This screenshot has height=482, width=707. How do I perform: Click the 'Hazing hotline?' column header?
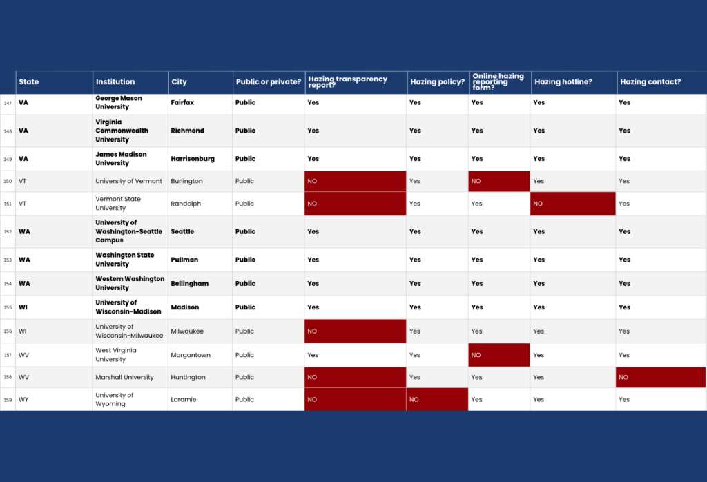coord(574,82)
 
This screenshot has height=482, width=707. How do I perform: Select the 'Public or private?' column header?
coord(269,82)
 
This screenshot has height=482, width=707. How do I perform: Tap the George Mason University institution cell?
coord(130,103)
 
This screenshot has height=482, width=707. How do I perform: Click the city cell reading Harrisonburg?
coord(200,159)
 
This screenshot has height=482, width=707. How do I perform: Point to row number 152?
coord(8,232)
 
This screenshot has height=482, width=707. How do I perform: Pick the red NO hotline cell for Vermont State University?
coord(572,204)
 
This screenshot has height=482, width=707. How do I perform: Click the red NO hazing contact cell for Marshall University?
coord(661,378)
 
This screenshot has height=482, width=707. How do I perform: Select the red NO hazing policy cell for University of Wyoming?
coord(437,400)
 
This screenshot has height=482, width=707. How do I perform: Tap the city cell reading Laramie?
coord(200,400)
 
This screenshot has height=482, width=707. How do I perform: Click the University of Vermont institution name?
coord(128,181)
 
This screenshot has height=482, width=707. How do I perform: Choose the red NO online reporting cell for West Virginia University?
coord(499,356)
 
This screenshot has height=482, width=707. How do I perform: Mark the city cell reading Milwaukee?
coord(200,331)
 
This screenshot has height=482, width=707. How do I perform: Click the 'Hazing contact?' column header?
coord(661,82)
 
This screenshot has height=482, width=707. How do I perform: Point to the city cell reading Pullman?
coord(200,260)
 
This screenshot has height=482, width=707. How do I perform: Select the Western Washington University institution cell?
coord(130,284)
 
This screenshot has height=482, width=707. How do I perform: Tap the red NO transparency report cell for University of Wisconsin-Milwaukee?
coord(356,331)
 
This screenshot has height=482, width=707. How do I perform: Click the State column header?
coord(54,82)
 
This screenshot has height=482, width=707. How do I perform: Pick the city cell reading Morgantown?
coord(200,356)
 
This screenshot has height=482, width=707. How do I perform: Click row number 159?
coord(8,400)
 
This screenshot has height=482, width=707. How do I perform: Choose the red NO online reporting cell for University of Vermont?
coord(499,181)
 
